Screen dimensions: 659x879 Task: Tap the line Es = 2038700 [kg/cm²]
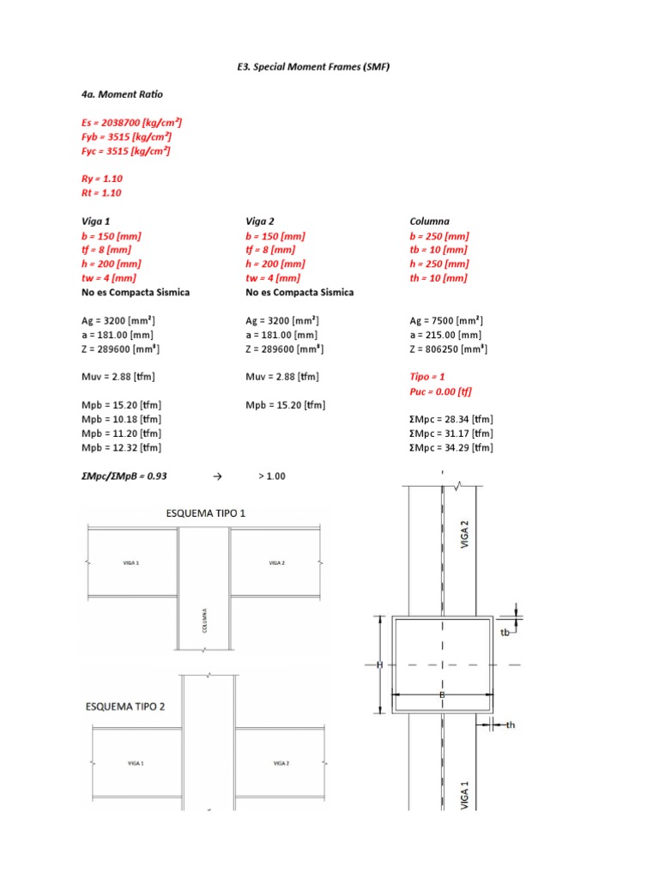[130, 123]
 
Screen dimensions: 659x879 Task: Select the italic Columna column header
[430, 221]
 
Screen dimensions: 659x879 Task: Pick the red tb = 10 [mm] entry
[439, 250]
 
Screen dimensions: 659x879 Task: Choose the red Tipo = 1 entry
[427, 377]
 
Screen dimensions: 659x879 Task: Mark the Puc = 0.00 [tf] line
[441, 391]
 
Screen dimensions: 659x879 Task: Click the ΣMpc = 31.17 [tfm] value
[451, 433]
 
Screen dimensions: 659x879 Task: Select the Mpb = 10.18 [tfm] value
[121, 420]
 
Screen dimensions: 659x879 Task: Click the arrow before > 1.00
[216, 475]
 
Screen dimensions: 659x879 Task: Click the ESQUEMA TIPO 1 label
[206, 513]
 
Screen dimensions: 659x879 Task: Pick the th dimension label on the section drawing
[510, 725]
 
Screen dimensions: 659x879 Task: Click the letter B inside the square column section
[442, 694]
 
